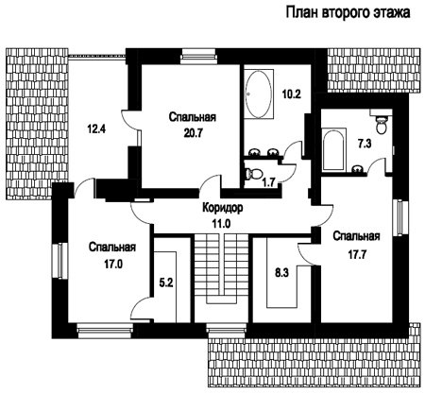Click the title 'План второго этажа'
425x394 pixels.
coord(348,13)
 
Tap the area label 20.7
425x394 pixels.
coord(193,133)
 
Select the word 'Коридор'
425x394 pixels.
coord(222,208)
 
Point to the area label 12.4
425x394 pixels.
coord(96,128)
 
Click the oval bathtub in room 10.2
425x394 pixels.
coord(259,94)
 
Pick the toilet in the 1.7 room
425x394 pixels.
coord(254,174)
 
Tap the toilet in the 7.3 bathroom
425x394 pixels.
coord(382,125)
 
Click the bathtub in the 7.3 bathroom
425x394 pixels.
coord(334,150)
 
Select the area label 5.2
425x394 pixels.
coord(166,283)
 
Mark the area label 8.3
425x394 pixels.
coord(281,272)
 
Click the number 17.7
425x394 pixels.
coord(356,254)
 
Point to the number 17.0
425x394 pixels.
coord(113,264)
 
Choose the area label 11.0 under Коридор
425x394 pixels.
coord(221,224)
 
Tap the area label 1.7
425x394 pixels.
coord(269,182)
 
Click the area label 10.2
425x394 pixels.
coord(291,94)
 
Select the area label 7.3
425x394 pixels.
coord(365,144)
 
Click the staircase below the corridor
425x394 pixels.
coord(221,268)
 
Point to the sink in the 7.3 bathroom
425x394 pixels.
coord(358,170)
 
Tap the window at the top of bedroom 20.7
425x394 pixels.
coord(199,55)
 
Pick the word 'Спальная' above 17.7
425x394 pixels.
coord(357,236)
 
